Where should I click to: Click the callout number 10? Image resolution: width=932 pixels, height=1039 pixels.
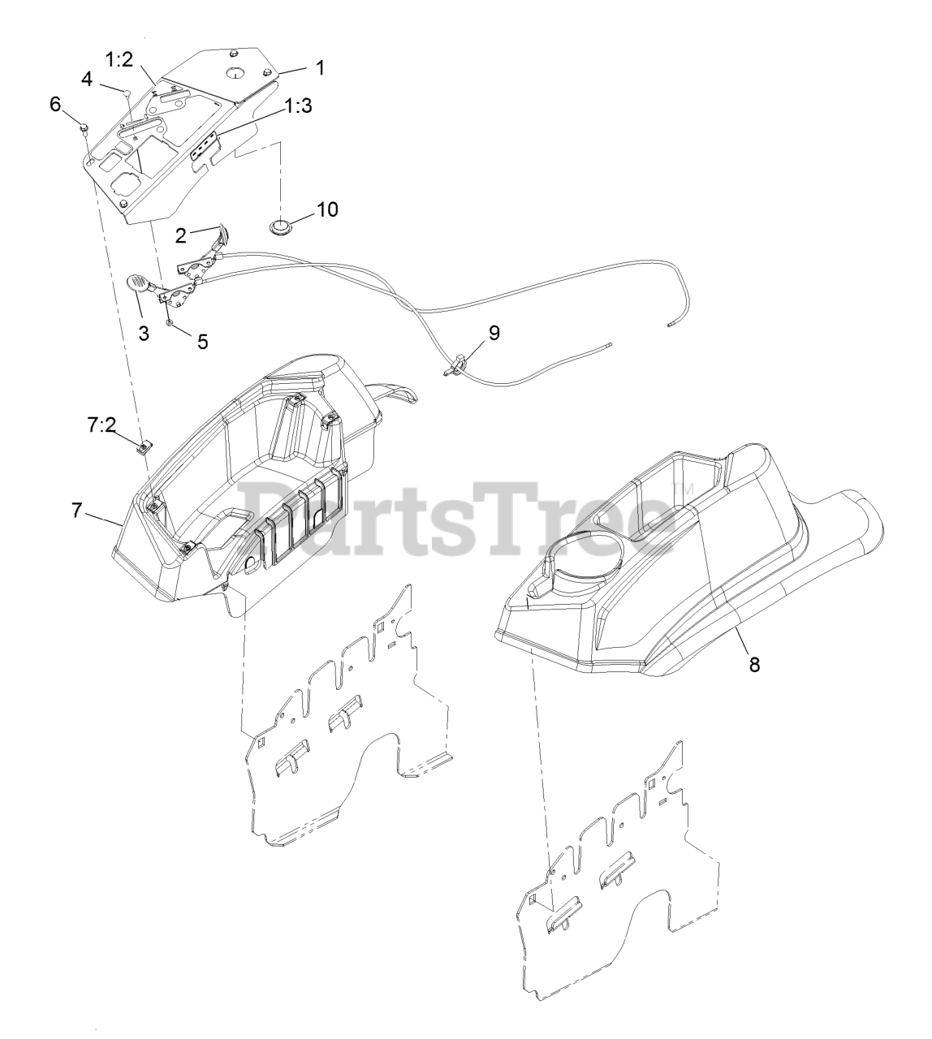(327, 209)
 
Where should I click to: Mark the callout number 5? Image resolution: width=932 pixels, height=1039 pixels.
(202, 342)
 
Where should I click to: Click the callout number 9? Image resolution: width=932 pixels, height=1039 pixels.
(494, 332)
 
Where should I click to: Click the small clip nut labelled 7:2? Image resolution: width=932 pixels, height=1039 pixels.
(145, 446)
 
